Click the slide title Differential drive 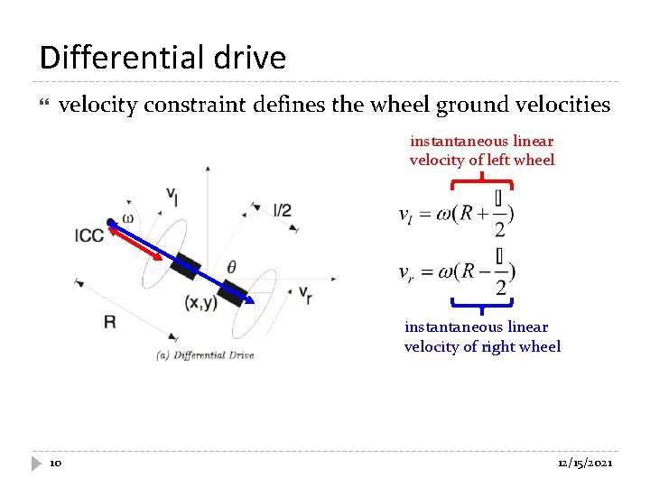coord(162,58)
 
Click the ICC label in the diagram coord(89,236)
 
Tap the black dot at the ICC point coord(110,222)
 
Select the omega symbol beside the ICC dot coord(127,218)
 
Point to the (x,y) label coord(200,303)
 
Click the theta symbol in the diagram coord(232,267)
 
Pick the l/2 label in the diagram coord(282,210)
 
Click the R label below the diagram coord(109,321)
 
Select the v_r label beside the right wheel coord(305,294)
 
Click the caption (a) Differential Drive coord(206,354)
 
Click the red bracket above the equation coord(482,183)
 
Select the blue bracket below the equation coord(482,302)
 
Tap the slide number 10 coord(55,463)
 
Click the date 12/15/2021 coord(585,463)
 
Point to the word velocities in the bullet coord(562,106)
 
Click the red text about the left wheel coord(482,151)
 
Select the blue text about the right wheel coord(482,336)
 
